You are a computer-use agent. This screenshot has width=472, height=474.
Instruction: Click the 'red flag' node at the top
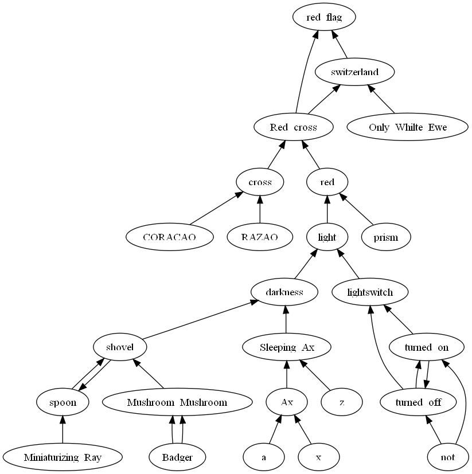point(324,17)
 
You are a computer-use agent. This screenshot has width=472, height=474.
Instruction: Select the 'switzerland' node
point(355,72)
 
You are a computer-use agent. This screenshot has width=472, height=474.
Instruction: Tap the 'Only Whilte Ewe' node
point(407,127)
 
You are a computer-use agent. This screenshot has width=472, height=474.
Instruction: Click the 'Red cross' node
point(293,127)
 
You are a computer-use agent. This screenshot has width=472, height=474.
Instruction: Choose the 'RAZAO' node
point(260,237)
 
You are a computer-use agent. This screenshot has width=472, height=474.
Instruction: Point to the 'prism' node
point(386,237)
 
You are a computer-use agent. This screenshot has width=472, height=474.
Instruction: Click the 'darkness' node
point(284,292)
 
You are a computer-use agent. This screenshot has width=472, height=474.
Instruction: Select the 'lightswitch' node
point(370,292)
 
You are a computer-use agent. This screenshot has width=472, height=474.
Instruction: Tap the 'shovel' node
point(120,347)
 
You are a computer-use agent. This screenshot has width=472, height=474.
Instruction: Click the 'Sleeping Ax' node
point(287,347)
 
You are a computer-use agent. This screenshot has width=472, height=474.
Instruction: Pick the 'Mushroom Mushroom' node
point(177,402)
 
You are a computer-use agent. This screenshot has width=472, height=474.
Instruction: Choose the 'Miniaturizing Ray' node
point(63,457)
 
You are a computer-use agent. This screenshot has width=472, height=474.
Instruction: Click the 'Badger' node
point(177,457)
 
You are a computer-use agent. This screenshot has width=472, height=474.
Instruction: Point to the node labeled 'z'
point(342,402)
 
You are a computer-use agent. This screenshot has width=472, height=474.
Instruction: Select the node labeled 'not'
point(448,457)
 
